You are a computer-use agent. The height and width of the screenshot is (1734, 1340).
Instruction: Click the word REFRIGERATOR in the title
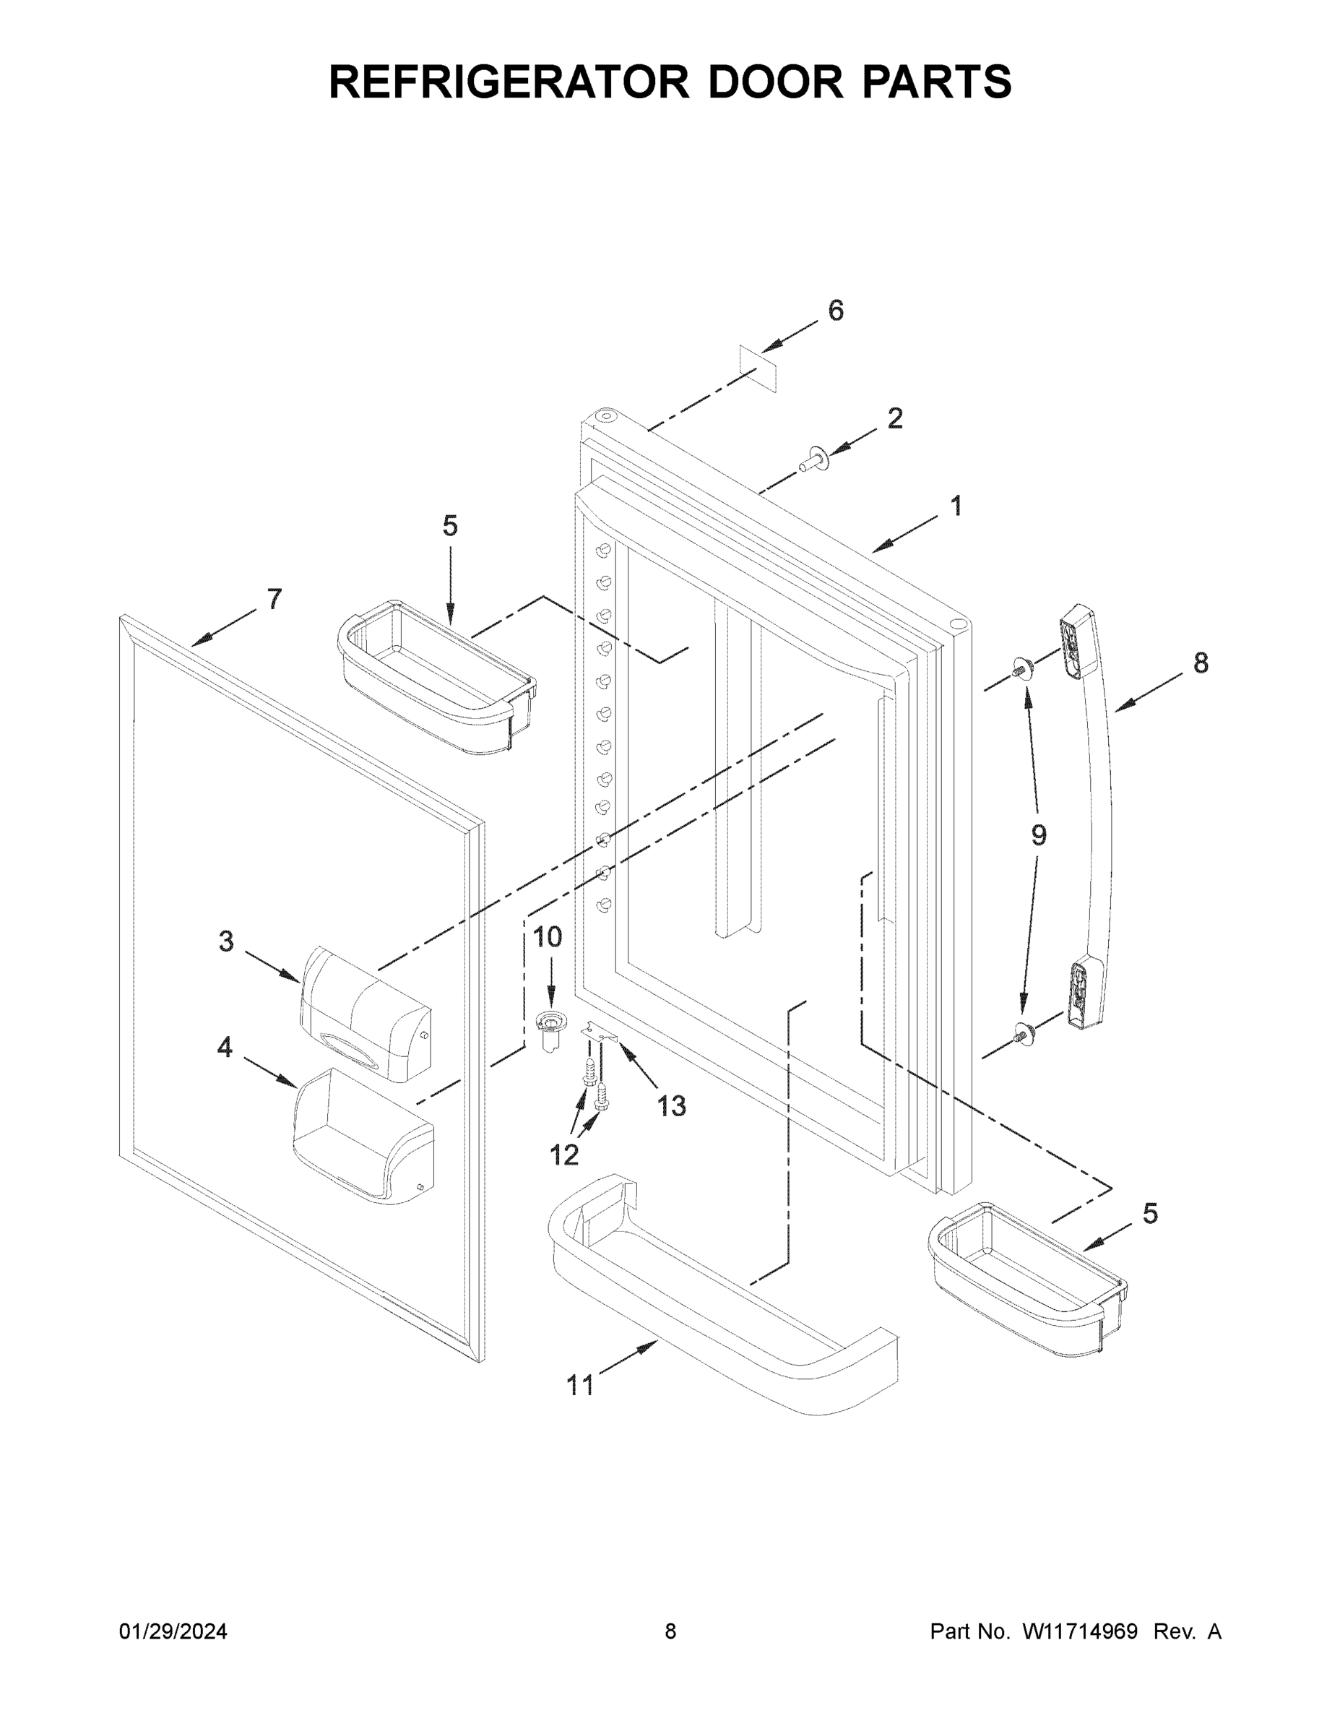point(509,81)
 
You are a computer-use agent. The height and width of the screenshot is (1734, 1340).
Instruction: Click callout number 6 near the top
point(835,311)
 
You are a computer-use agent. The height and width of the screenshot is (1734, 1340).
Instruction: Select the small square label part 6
point(757,368)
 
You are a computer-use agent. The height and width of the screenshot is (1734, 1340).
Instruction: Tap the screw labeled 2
point(813,459)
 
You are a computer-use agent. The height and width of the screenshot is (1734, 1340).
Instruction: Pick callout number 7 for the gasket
point(274,599)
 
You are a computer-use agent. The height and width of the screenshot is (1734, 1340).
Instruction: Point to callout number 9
point(1038,834)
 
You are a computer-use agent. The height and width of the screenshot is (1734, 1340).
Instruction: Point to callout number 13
point(671,1106)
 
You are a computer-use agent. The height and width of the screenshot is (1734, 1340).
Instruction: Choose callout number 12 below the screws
point(563,1155)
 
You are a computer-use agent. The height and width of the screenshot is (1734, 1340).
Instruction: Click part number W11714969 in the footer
point(1080,1631)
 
